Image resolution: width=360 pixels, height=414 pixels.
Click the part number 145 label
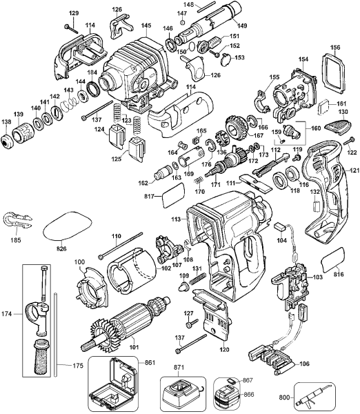coord(146,26)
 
